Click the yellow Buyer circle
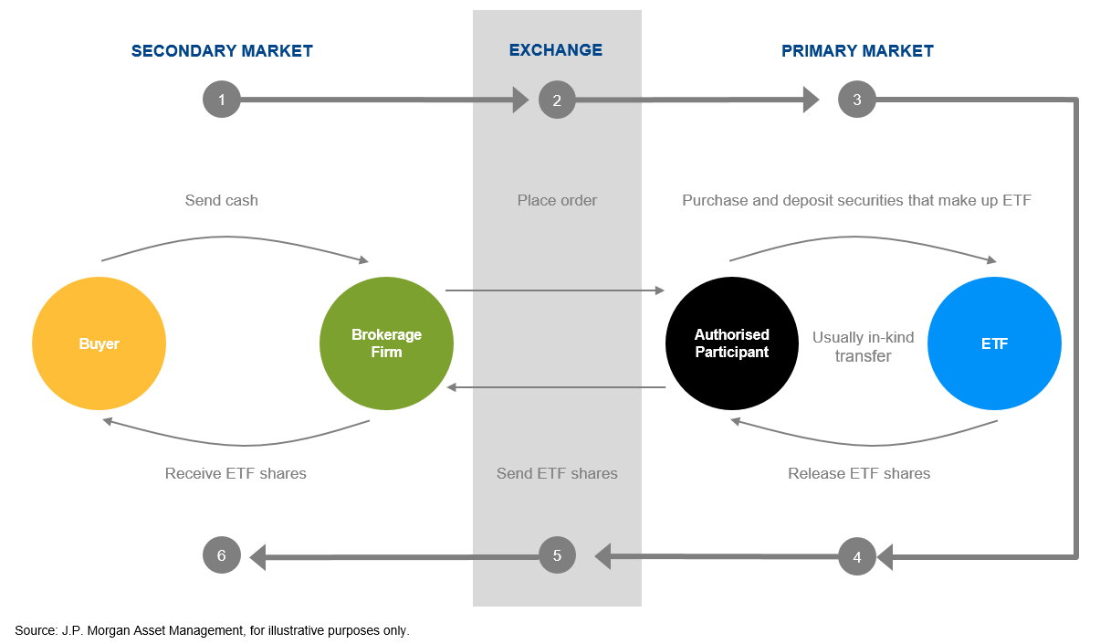[99, 344]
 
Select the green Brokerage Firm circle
[386, 344]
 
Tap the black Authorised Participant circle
[732, 344]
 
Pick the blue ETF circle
[994, 344]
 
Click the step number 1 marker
[222, 100]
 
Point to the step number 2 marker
[557, 100]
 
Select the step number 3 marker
[856, 100]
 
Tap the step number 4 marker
[856, 555]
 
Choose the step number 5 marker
[557, 554]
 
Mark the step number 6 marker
[222, 554]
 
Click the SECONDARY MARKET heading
[222, 51]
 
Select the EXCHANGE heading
[556, 50]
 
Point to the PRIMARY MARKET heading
[857, 51]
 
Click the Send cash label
[222, 200]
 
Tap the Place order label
[557, 200]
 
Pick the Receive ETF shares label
[236, 473]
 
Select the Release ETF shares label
[859, 473]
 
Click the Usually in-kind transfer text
[863, 346]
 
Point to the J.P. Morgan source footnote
[213, 630]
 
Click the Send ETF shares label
[557, 473]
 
